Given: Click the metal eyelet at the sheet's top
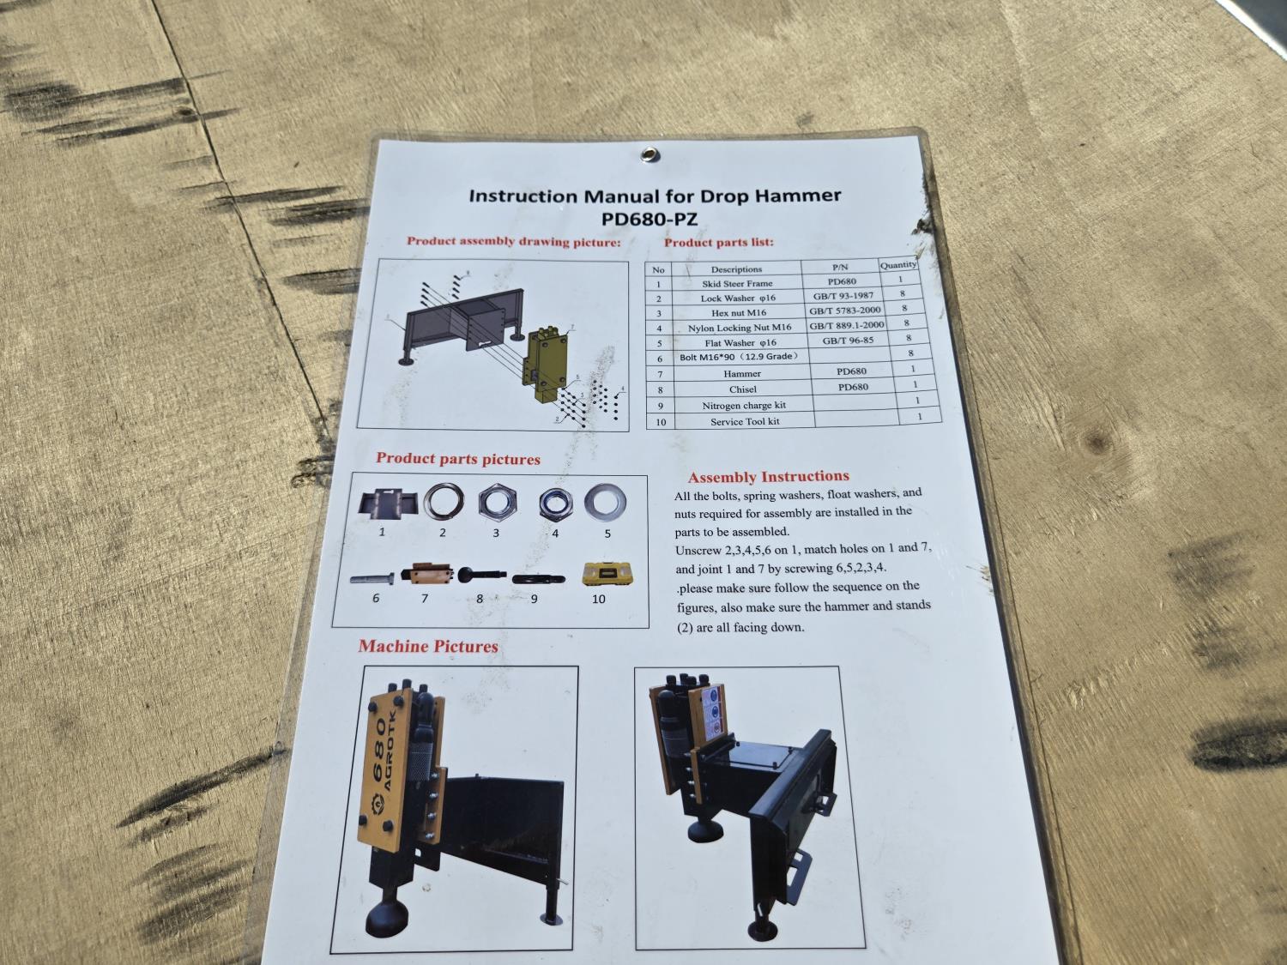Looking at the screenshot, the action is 649,154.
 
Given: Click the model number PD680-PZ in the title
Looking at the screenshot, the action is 650,219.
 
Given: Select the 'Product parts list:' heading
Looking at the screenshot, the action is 719,242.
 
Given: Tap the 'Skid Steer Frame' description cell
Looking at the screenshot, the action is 737,283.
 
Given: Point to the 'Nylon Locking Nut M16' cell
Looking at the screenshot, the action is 740,328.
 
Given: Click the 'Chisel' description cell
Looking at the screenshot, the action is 743,389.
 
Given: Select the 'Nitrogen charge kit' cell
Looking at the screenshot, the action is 744,405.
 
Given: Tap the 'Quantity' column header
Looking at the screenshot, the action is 897,265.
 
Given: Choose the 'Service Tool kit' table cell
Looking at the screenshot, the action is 746,421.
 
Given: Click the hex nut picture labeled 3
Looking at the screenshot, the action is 497,503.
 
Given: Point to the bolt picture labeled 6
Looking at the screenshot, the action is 372,579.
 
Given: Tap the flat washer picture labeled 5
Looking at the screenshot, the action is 605,503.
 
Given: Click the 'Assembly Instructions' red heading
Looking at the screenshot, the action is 769,477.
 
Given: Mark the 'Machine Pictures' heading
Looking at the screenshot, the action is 428,646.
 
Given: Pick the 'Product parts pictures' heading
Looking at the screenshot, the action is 458,459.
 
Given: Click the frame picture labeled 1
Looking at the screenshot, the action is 387,503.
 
